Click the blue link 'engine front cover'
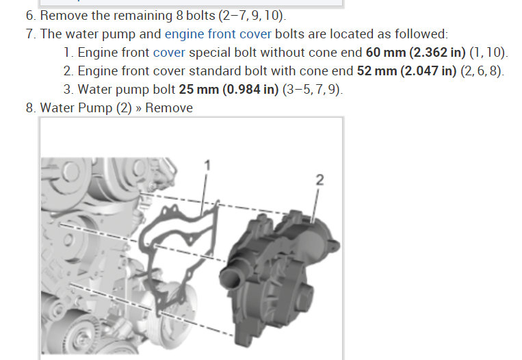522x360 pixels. click(x=218, y=34)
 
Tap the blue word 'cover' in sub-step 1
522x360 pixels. click(x=169, y=53)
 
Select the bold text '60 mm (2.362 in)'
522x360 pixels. click(x=415, y=53)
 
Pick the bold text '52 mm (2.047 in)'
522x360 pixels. click(x=406, y=71)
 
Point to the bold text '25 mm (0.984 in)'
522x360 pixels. click(x=229, y=89)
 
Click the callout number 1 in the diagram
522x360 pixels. click(x=207, y=165)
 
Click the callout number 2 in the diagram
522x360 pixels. click(x=319, y=180)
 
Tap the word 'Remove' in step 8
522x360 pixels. click(x=169, y=108)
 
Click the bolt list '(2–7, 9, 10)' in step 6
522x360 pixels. click(x=252, y=16)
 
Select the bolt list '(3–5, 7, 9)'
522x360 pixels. click(x=312, y=89)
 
